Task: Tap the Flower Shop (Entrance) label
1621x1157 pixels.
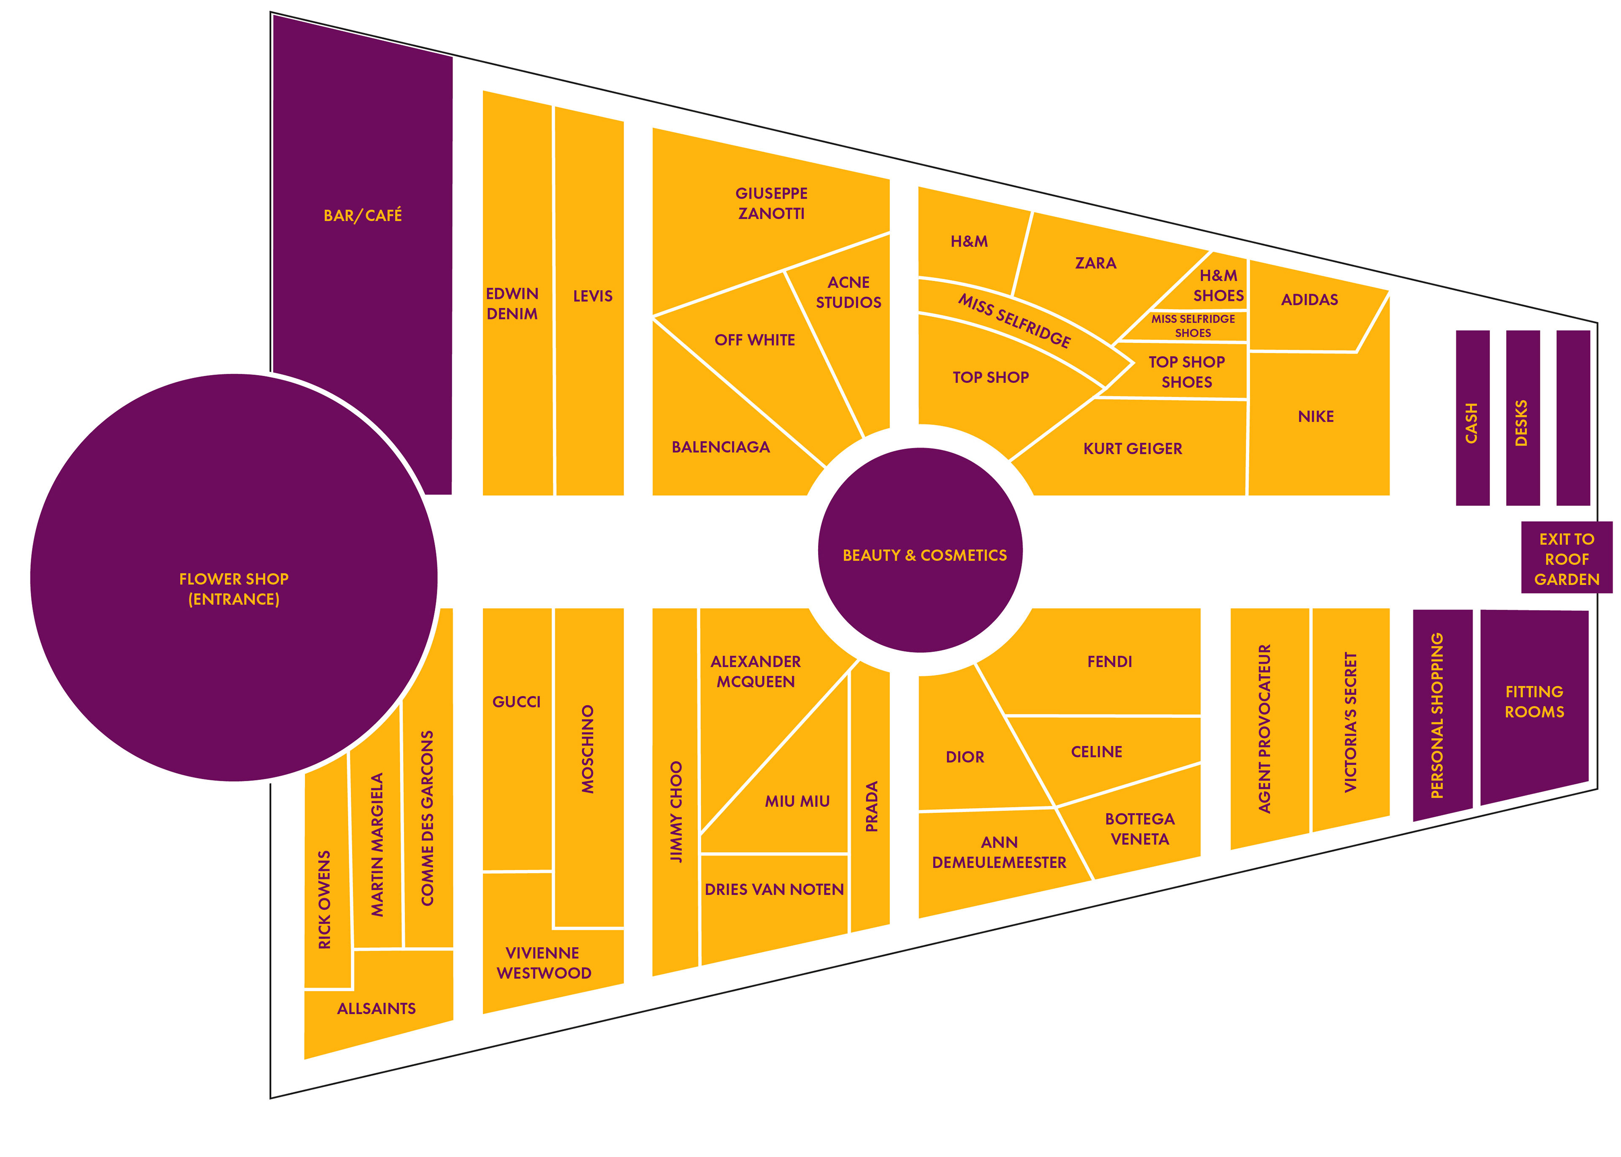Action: (x=233, y=589)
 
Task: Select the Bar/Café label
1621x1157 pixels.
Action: (x=363, y=215)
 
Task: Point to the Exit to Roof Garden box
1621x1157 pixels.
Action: (x=1566, y=559)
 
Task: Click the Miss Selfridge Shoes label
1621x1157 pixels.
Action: (x=1193, y=326)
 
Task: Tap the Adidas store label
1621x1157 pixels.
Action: (x=1309, y=300)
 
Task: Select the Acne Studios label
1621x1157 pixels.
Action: (x=848, y=292)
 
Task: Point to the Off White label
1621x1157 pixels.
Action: (x=754, y=340)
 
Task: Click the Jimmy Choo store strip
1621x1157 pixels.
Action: (x=675, y=812)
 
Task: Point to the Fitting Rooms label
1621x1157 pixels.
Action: (x=1534, y=702)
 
